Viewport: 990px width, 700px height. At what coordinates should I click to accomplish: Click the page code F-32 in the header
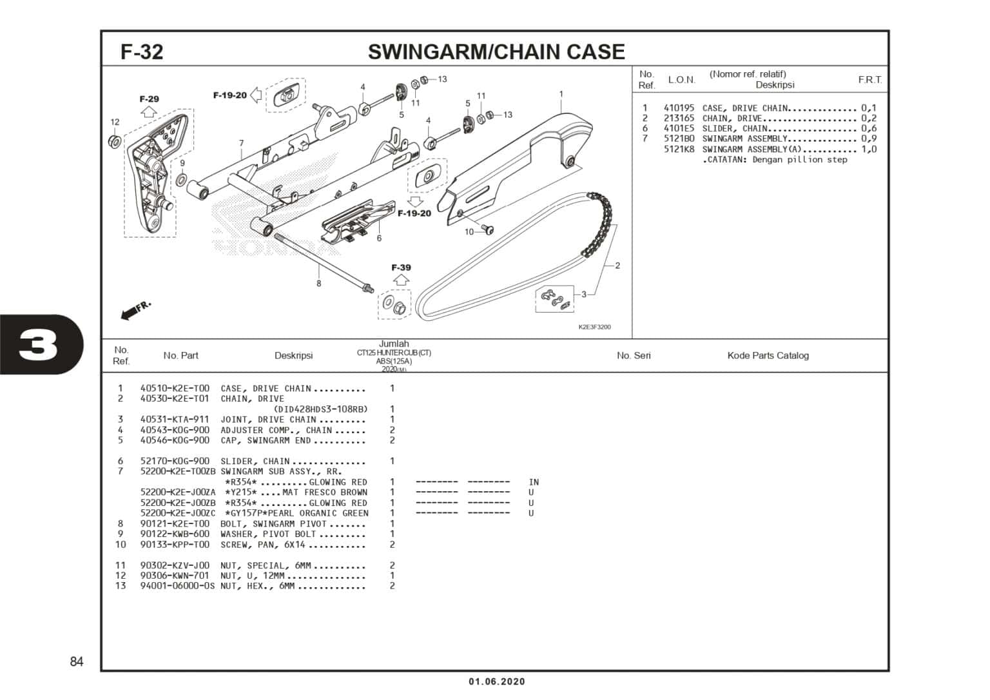[142, 52]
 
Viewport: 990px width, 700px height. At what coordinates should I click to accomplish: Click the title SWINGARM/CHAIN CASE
[496, 52]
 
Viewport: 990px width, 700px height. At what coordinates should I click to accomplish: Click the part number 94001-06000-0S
[177, 586]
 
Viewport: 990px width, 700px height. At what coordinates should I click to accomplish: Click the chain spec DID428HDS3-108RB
[320, 409]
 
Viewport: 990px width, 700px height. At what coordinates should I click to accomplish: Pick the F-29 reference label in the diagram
[149, 99]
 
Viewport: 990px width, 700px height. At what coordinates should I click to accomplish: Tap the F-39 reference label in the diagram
[401, 267]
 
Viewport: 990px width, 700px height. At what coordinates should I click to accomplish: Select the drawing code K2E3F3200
[594, 327]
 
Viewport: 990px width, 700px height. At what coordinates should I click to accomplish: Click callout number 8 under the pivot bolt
[318, 284]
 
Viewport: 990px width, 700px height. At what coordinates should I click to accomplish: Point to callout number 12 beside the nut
[115, 122]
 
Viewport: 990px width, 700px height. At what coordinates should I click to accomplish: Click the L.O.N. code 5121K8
[679, 150]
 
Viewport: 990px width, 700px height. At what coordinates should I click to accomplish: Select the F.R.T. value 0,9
[869, 139]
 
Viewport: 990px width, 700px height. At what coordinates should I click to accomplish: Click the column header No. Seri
[634, 356]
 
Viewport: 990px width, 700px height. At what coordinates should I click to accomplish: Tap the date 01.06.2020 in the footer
[496, 682]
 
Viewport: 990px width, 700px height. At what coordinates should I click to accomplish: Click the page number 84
[77, 662]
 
